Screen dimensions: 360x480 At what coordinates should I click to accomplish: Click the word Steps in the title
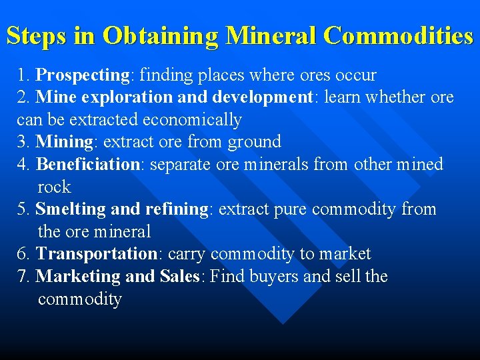(x=37, y=36)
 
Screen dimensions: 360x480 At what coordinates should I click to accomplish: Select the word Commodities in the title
(x=398, y=36)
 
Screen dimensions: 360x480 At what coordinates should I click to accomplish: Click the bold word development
(x=263, y=97)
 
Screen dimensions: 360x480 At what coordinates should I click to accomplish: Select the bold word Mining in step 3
(x=64, y=142)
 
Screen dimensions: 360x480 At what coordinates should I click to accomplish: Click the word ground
(x=254, y=142)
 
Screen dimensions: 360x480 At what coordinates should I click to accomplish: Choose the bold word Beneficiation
(x=87, y=165)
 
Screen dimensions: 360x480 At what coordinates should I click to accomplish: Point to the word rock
(x=54, y=187)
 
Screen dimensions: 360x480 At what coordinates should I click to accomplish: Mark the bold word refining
(x=177, y=209)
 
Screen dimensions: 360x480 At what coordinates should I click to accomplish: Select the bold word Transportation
(x=96, y=254)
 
